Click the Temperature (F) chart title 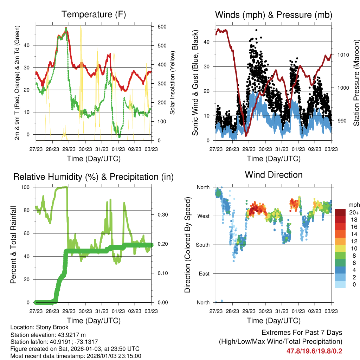click(x=94, y=14)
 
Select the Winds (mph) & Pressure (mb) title click(x=274, y=15)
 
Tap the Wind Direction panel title click(x=274, y=174)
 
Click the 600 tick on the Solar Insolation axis click(x=162, y=27)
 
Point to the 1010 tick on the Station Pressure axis click(x=342, y=55)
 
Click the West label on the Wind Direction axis click(x=203, y=216)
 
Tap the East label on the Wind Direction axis click(x=204, y=274)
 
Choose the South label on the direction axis click(x=203, y=245)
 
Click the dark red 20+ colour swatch click(x=341, y=212)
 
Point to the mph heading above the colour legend click(x=353, y=205)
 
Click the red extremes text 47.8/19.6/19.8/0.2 click(x=315, y=351)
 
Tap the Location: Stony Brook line click(x=39, y=327)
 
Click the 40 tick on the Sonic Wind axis click(x=207, y=42)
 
